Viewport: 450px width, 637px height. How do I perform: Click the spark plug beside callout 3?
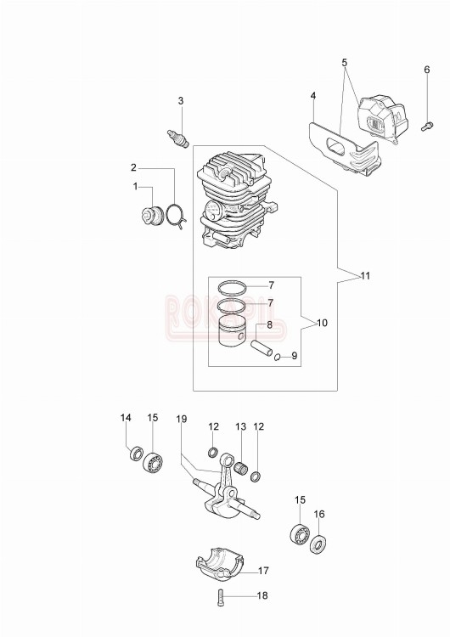point(178,137)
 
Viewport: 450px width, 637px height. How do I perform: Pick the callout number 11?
point(365,276)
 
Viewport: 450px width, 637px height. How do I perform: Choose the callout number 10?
point(322,324)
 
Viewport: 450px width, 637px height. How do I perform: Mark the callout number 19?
point(181,419)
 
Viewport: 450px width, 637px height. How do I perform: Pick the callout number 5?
point(345,62)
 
